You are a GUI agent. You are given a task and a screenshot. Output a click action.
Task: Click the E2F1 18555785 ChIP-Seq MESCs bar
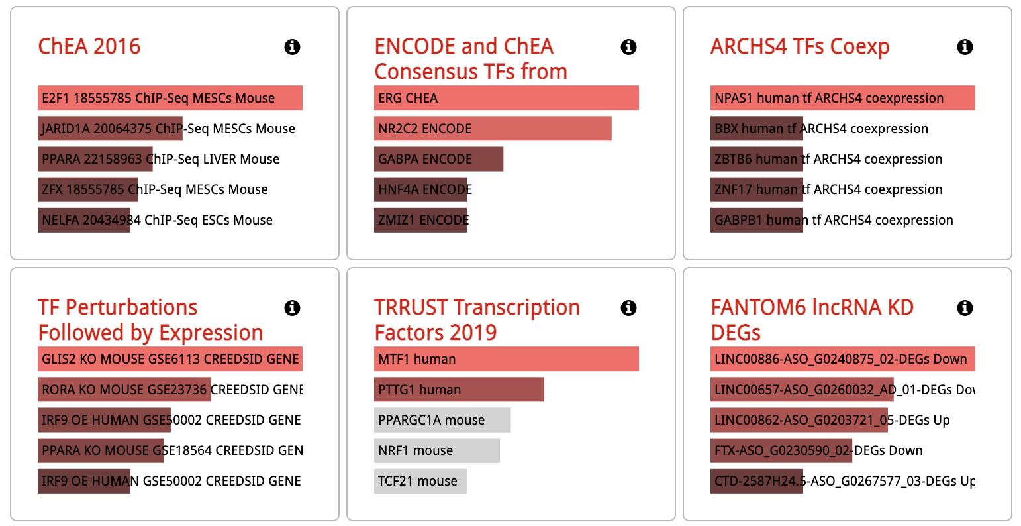(170, 98)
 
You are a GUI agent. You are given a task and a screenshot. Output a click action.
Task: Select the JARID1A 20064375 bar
(110, 129)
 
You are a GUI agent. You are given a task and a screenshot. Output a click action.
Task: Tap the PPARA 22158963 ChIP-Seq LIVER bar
(95, 159)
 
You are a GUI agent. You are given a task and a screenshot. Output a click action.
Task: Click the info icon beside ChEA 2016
(292, 47)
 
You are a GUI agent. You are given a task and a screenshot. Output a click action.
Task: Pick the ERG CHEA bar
(506, 98)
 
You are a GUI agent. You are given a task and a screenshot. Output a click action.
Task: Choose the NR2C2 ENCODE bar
(493, 129)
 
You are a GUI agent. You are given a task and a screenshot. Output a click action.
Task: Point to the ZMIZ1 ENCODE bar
(421, 220)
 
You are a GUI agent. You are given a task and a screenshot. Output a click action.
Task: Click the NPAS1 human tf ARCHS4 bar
(842, 98)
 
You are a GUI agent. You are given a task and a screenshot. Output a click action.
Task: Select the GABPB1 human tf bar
(756, 220)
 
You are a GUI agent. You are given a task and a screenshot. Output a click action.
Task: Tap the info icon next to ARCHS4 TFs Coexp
(965, 47)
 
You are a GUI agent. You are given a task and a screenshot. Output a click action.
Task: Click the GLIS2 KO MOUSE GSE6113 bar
(170, 359)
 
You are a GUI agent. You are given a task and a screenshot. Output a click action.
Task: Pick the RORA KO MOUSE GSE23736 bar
(124, 390)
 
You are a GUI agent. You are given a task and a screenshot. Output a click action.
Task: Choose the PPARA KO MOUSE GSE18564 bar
(101, 450)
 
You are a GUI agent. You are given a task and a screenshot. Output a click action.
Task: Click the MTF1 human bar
(506, 359)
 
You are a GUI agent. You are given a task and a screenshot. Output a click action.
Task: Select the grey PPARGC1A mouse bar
(442, 420)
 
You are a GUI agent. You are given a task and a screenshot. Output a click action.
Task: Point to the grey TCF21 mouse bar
(420, 481)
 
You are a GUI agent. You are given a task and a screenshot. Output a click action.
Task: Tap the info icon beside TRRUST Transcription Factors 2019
(628, 308)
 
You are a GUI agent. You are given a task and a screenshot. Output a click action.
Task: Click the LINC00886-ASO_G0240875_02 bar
(842, 359)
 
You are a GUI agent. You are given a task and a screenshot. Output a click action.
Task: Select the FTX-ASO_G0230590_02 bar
(781, 450)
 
